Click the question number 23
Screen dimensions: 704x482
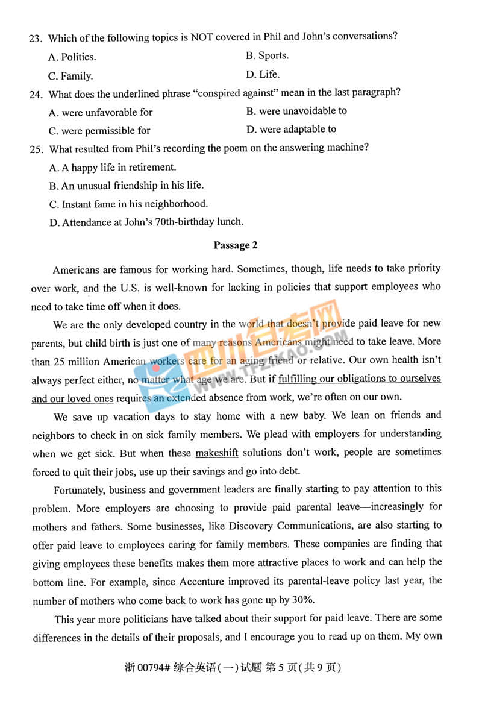point(34,39)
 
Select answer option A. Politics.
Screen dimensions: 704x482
point(72,57)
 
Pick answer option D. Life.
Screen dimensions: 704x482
point(263,75)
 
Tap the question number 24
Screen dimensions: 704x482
point(35,95)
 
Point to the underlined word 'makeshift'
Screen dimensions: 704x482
point(217,453)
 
